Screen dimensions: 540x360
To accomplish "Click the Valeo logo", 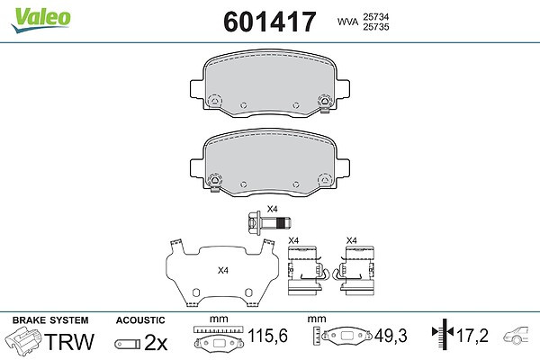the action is click(40, 20).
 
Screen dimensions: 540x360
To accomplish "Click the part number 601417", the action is click(270, 22).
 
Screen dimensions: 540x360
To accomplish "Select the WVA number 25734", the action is click(375, 17).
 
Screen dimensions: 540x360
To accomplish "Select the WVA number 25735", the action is click(375, 27).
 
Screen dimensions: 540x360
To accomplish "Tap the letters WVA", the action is click(347, 22).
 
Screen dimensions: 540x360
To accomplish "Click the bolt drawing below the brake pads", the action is click(269, 224).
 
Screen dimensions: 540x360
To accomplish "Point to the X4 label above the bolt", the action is click(273, 209).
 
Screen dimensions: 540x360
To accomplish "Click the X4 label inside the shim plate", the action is click(223, 270).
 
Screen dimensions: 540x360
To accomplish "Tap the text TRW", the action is click(69, 342).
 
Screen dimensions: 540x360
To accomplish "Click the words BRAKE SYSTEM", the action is click(50, 320).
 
